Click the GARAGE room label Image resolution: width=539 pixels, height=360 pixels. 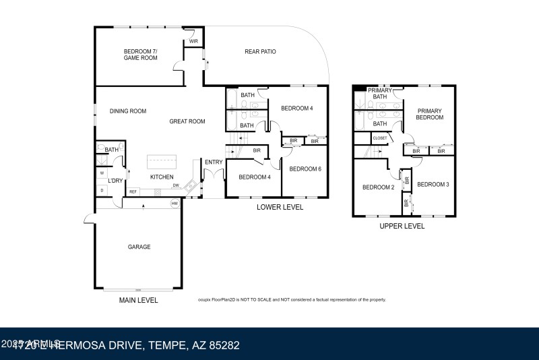click(139, 247)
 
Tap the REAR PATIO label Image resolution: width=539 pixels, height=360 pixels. click(260, 52)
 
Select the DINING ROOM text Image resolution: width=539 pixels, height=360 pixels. click(128, 111)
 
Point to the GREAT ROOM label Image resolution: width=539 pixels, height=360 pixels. click(187, 121)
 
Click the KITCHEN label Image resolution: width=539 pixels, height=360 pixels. click(162, 177)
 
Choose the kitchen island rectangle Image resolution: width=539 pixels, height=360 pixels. click(162, 161)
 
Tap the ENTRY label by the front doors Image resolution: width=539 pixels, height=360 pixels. click(214, 162)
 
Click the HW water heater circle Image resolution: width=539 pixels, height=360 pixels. click(175, 203)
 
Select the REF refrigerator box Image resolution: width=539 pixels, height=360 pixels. click(133, 192)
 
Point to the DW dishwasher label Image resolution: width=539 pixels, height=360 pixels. click(176, 185)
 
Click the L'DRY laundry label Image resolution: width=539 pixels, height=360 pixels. click(116, 181)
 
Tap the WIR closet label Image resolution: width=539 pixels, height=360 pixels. click(193, 41)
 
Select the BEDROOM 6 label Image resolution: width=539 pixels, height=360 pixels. click(305, 169)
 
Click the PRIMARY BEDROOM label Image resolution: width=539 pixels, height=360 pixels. click(430, 114)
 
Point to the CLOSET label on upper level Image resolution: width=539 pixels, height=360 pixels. click(380, 138)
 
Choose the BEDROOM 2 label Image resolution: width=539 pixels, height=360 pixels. click(378, 187)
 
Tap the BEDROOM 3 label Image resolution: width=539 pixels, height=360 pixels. click(433, 184)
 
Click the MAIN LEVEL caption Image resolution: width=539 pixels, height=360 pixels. click(139, 300)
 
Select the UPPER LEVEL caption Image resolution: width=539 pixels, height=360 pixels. click(402, 227)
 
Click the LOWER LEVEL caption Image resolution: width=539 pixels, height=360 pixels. click(280, 207)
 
